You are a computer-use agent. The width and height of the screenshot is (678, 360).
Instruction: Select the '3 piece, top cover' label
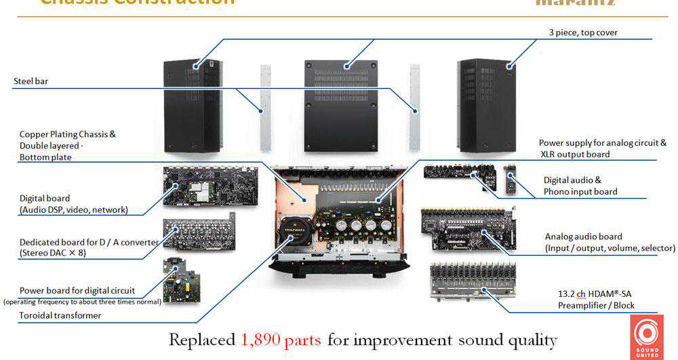pos(583,33)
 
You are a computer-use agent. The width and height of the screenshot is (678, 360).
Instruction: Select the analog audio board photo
pos(468,228)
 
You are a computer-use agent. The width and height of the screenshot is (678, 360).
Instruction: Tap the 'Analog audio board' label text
pos(583,237)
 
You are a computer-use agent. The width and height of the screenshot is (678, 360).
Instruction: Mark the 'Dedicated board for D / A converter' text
pos(89,242)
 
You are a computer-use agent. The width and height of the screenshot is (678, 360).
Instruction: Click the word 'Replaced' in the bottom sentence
pos(201,340)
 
